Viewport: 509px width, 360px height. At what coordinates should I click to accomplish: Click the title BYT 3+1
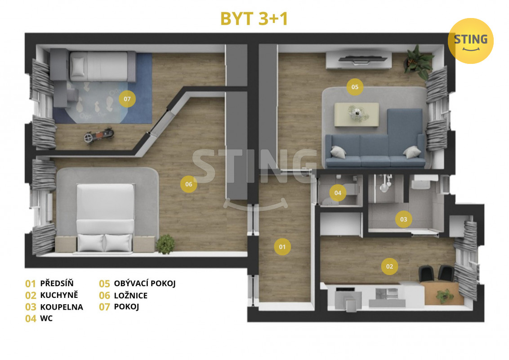[x=254, y=18]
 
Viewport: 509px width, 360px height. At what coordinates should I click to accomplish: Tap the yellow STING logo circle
[x=470, y=41]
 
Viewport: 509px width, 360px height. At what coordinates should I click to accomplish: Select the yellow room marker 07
[x=127, y=99]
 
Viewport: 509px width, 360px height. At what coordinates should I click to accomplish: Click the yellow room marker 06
[x=188, y=184]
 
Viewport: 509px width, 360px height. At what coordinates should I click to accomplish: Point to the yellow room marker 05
[x=355, y=87]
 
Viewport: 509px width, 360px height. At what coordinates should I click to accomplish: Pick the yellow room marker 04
[x=338, y=193]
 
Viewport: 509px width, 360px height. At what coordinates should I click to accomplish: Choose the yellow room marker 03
[x=403, y=219]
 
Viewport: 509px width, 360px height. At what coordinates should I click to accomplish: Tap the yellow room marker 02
[x=389, y=266]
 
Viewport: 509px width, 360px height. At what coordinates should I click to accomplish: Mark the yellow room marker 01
[x=282, y=247]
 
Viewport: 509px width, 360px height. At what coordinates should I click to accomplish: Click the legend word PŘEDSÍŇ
[x=57, y=283]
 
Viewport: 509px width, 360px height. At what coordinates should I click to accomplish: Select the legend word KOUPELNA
[x=62, y=307]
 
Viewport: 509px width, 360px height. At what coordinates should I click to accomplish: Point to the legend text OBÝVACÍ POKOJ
[x=145, y=283]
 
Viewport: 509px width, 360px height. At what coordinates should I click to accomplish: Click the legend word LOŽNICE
[x=131, y=295]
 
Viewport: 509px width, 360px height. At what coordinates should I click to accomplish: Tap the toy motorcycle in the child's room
[x=98, y=135]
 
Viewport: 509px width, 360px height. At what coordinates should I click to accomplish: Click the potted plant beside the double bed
[x=165, y=244]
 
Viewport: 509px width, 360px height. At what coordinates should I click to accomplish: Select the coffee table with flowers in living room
[x=357, y=114]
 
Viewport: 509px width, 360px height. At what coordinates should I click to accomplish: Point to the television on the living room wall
[x=362, y=59]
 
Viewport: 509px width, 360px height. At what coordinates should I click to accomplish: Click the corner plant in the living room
[x=419, y=62]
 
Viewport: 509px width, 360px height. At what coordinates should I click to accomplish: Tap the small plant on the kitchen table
[x=444, y=295]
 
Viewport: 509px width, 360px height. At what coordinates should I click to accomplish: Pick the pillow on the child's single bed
[x=78, y=67]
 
